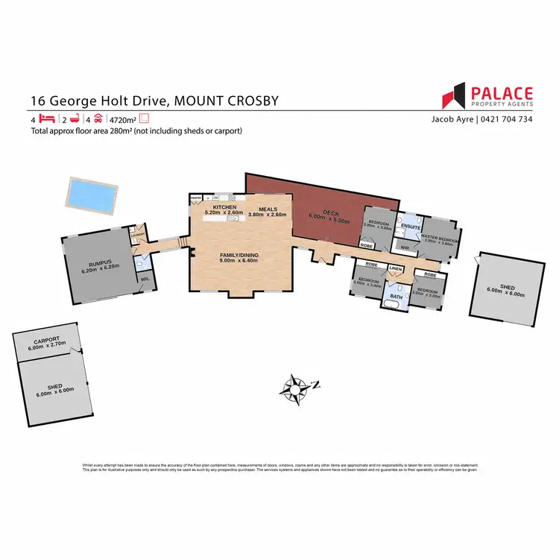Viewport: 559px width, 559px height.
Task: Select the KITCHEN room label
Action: (224, 206)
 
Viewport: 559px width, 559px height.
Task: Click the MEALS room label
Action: (267, 209)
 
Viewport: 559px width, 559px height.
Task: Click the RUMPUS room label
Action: (99, 263)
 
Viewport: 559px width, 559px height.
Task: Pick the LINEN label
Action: (396, 269)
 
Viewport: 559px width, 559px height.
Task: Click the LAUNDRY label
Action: (137, 236)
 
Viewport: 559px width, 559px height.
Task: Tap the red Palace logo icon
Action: (453, 98)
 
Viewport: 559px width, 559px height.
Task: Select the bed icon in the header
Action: (48, 119)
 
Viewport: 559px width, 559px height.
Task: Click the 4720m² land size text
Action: (124, 119)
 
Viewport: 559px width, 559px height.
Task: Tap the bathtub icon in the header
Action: (74, 119)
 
